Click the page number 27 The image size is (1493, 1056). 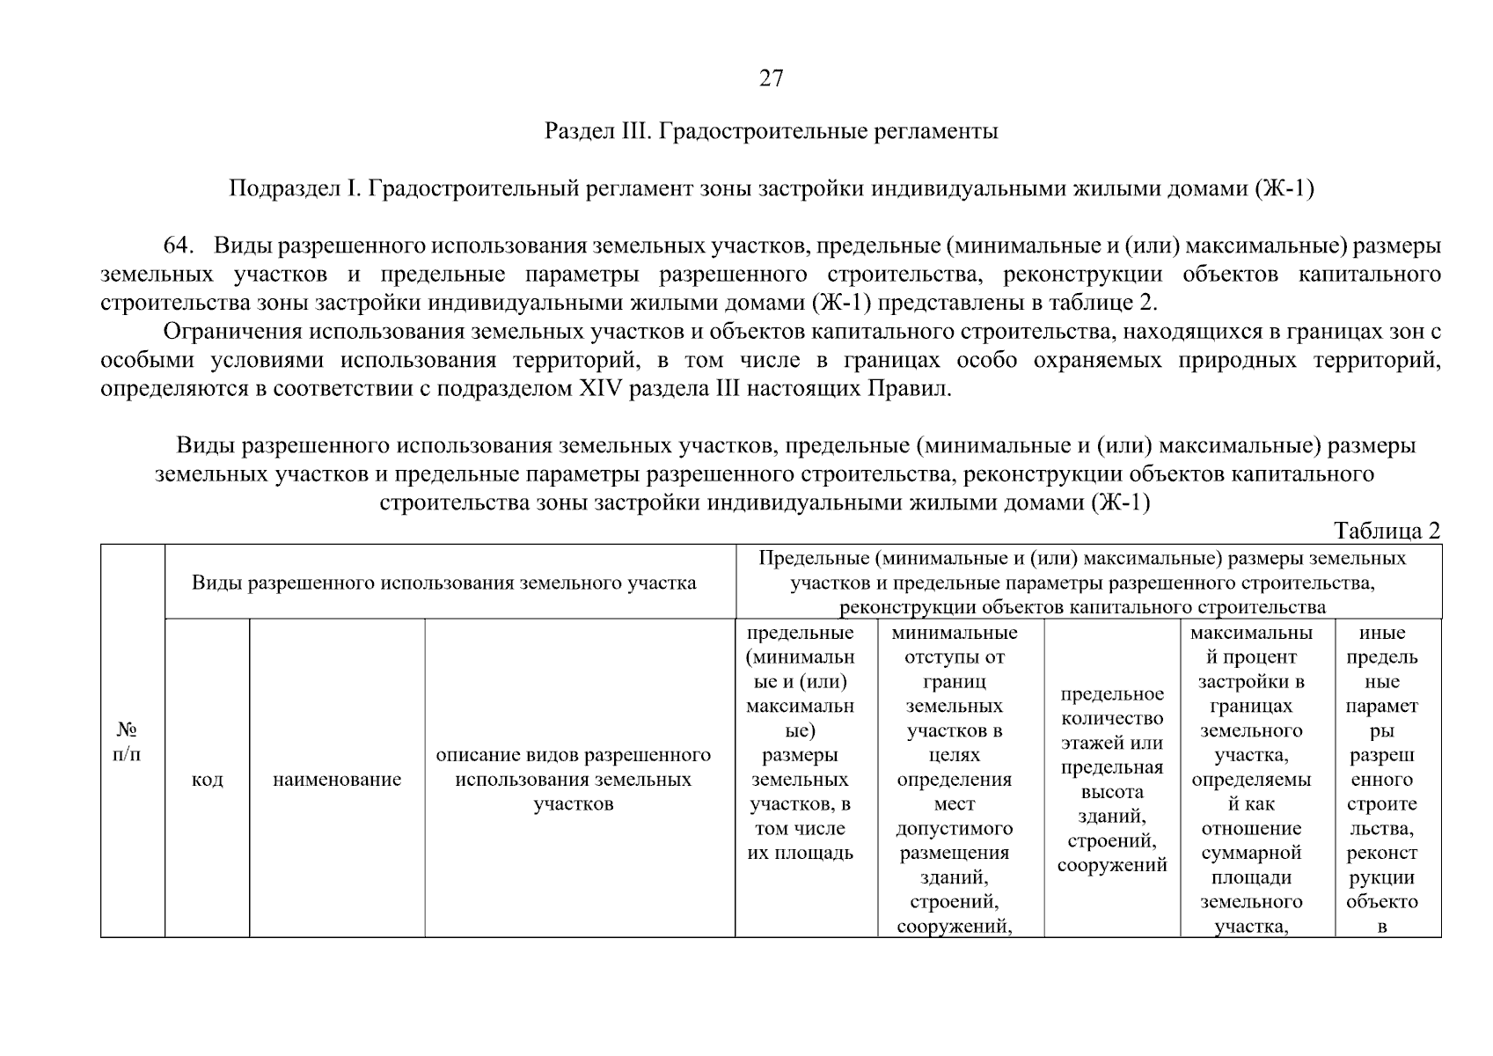[771, 79]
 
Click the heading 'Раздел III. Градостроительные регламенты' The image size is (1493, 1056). [771, 132]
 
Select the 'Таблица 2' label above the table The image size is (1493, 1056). [1387, 531]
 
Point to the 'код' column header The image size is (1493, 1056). [207, 780]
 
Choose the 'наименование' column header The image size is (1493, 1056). [337, 780]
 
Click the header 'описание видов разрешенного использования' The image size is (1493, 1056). [574, 780]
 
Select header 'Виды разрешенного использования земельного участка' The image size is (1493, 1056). [443, 583]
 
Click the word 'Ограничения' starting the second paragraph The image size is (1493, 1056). [224, 333]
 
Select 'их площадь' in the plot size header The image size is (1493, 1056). [800, 853]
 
